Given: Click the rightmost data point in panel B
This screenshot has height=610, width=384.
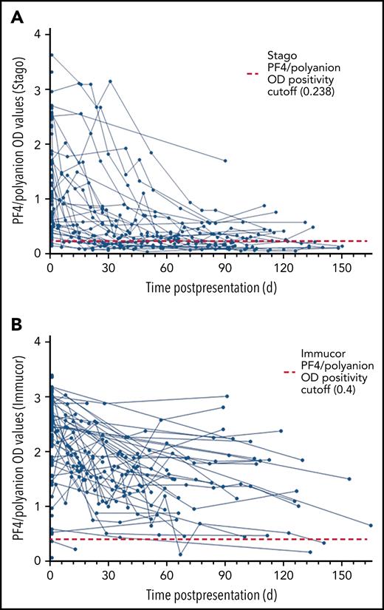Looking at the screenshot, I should click(371, 525).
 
